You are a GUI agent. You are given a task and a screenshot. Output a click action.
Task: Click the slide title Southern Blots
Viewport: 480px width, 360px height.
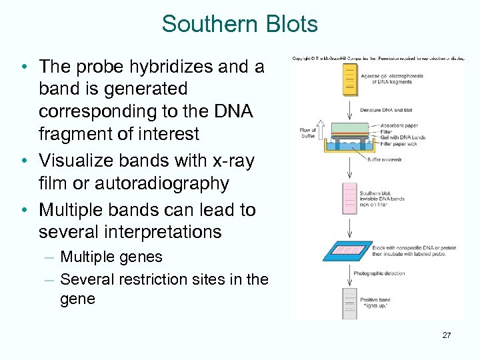pos(239,25)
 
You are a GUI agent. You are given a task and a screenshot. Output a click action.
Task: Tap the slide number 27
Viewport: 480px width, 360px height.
pos(446,335)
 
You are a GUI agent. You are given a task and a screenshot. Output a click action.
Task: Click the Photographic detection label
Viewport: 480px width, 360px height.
pos(379,273)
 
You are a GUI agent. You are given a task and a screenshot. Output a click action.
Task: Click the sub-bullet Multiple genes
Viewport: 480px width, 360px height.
pos(111,257)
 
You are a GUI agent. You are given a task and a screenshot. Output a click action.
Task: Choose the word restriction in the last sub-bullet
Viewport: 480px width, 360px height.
pos(150,279)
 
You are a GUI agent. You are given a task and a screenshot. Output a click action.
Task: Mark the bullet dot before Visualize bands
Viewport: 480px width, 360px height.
pos(23,161)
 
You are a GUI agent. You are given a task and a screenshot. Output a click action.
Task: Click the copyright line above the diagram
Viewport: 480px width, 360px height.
pos(377,59)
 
